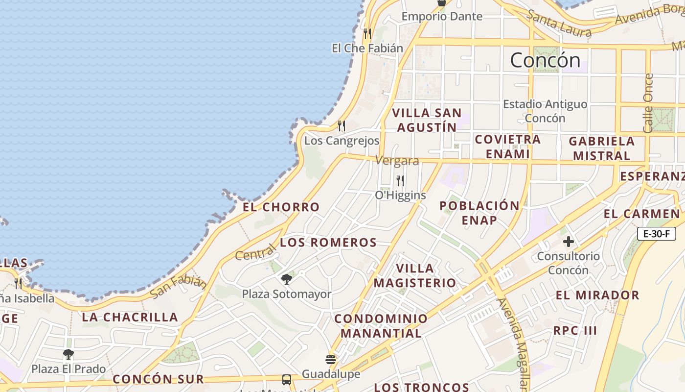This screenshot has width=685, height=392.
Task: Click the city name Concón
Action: (x=545, y=60)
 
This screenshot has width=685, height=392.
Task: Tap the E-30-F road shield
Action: (x=656, y=234)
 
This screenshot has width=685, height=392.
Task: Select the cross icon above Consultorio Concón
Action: (x=568, y=242)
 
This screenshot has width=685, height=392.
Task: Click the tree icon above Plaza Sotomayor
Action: (x=287, y=279)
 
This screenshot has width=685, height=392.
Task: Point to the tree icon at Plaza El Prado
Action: (x=68, y=354)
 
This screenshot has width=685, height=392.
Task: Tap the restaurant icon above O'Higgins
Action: (x=400, y=181)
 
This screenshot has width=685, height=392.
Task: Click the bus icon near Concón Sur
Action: (x=287, y=380)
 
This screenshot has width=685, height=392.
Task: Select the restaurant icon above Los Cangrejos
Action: (x=342, y=126)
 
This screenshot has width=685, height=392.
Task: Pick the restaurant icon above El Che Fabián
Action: (x=367, y=33)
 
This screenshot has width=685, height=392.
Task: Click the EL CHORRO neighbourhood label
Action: (x=281, y=207)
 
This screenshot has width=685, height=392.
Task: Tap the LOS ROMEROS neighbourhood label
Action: (x=328, y=243)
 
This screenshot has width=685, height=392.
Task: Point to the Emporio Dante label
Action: (x=442, y=16)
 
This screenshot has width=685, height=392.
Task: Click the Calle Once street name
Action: (x=648, y=103)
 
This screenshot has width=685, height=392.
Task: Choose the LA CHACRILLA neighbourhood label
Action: (x=130, y=317)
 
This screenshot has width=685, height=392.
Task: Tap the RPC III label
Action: (x=575, y=330)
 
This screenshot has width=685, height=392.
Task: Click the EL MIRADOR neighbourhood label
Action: (x=597, y=295)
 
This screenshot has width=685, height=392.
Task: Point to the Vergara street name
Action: (x=397, y=161)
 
